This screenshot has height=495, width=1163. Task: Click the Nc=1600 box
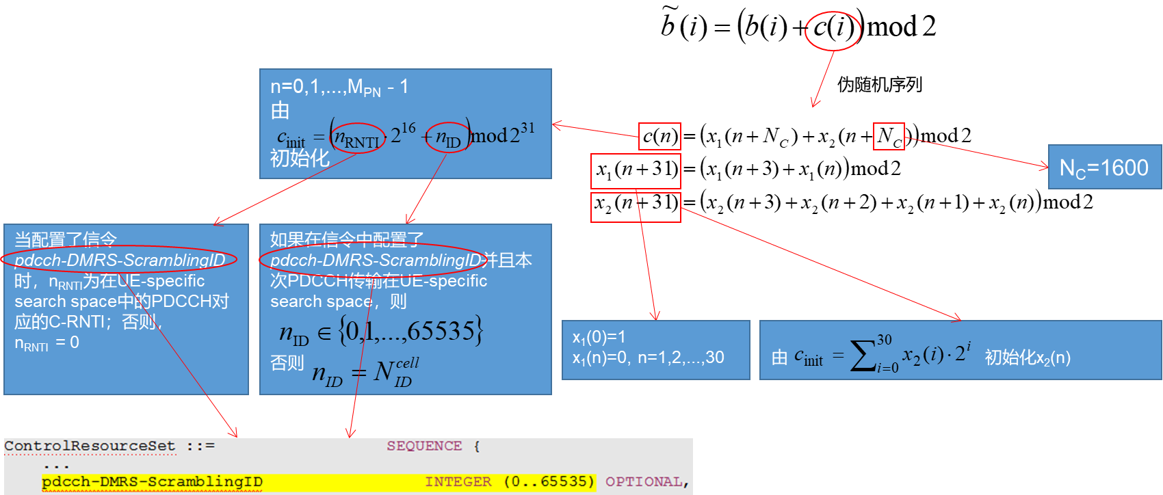point(1104,168)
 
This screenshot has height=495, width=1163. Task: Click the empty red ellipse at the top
point(833,31)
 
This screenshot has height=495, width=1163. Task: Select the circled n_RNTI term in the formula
point(357,139)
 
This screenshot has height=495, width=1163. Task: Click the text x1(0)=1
point(599,337)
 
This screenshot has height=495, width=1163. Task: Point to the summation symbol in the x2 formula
point(863,356)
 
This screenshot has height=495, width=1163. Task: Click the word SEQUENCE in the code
point(424,446)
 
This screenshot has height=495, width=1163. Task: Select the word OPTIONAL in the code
point(644,482)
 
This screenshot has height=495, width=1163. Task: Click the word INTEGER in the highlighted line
point(458,482)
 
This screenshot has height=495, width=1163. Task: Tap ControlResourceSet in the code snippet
point(90,446)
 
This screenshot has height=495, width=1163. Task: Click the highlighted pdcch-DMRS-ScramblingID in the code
point(152,482)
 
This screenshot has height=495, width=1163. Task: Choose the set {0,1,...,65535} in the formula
point(410,332)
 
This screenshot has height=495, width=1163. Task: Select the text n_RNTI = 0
point(47,343)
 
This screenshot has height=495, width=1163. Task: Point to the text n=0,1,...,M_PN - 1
point(339,87)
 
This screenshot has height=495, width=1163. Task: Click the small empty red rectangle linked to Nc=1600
point(889,136)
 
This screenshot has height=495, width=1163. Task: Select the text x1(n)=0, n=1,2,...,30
point(648,358)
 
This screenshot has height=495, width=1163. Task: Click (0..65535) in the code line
point(549,482)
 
